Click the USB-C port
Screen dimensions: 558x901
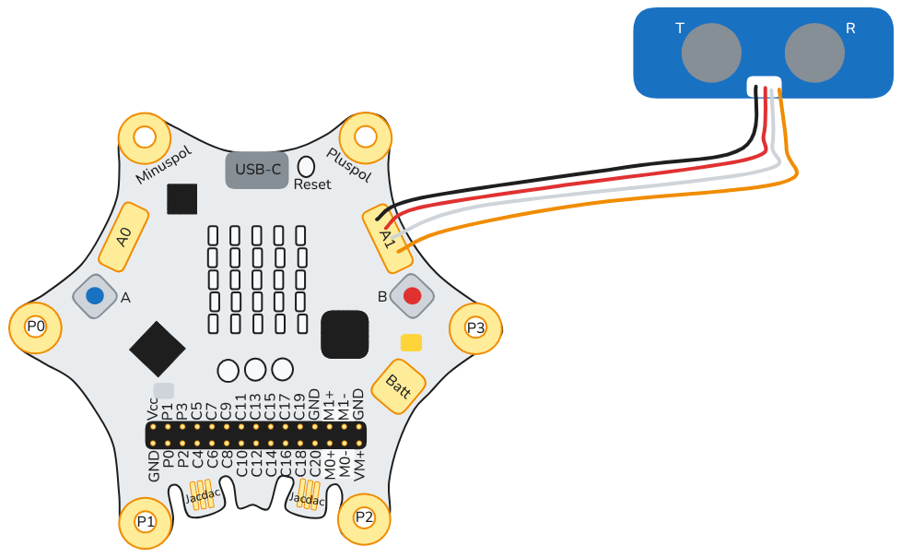coord(257,170)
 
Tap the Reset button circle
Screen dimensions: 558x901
coord(306,166)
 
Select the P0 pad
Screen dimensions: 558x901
coord(36,326)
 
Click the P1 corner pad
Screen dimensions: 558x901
coord(146,521)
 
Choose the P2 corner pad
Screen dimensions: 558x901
coord(364,516)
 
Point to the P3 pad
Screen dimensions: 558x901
coord(474,327)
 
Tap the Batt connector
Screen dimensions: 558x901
coord(398,386)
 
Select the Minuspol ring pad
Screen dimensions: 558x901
coord(145,137)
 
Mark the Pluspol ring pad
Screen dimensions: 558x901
coord(366,137)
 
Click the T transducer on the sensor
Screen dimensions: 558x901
coord(711,51)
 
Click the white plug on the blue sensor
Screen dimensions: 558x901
coord(764,86)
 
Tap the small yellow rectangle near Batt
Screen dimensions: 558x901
coord(411,342)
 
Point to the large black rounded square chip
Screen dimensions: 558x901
coord(345,334)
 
